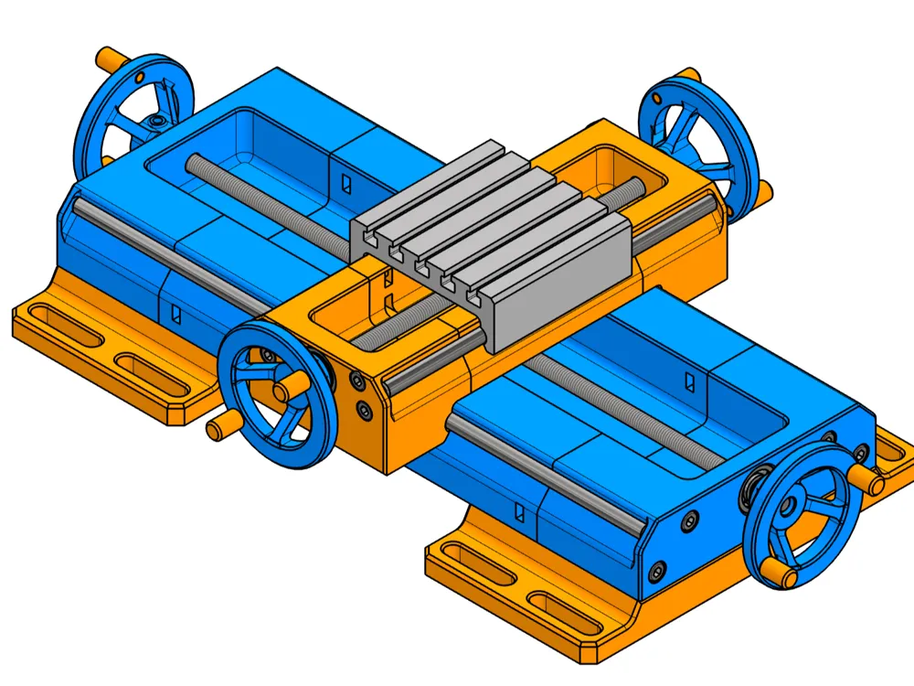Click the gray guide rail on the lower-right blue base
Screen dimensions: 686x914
(548, 476)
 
